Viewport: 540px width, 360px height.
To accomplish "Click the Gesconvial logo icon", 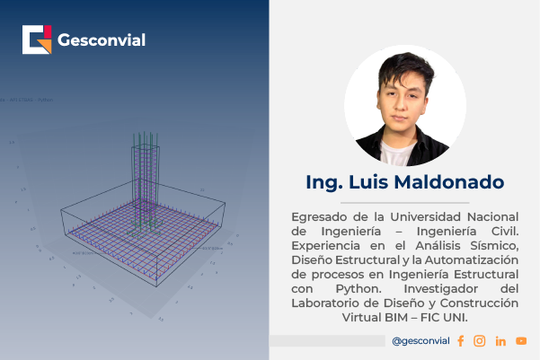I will pos(38,40).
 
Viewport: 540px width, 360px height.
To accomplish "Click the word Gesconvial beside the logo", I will pos(101,40).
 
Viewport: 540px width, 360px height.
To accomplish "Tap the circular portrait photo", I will pos(405,106).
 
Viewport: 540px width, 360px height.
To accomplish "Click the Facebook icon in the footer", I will pos(461,341).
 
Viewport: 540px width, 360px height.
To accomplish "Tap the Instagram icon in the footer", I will pos(480,341).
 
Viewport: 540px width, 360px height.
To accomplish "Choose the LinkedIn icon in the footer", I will pos(500,341).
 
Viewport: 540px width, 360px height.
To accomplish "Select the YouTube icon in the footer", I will pos(521,341).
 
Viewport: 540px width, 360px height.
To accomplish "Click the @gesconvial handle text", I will pos(420,341).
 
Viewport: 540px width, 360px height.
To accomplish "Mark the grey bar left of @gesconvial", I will pos(327,341).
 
